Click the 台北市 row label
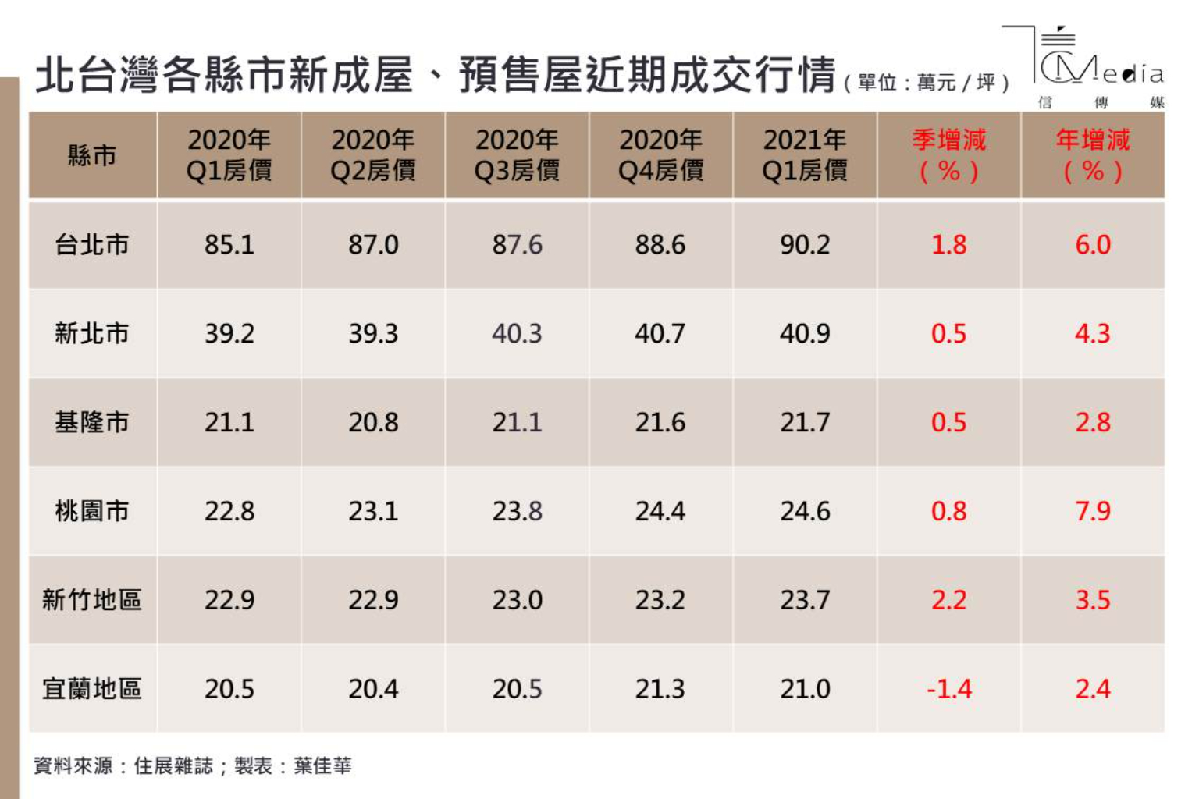[x=92, y=245]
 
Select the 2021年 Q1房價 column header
[x=805, y=155]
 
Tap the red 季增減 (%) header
[x=948, y=155]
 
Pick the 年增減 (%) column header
[x=1093, y=155]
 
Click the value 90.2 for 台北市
[x=805, y=245]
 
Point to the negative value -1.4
[x=948, y=689]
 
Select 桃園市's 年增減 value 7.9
[x=1093, y=511]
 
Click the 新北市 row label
[x=92, y=334]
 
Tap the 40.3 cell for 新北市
[x=517, y=334]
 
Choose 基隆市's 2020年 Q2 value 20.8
[x=373, y=423]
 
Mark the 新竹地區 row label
[x=92, y=600]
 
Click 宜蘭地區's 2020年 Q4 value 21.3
[x=660, y=689]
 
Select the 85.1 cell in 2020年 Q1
[x=229, y=245]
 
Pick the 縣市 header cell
[x=92, y=155]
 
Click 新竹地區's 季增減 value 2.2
[x=948, y=600]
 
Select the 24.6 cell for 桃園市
[x=805, y=511]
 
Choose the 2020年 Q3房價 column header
[x=517, y=155]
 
